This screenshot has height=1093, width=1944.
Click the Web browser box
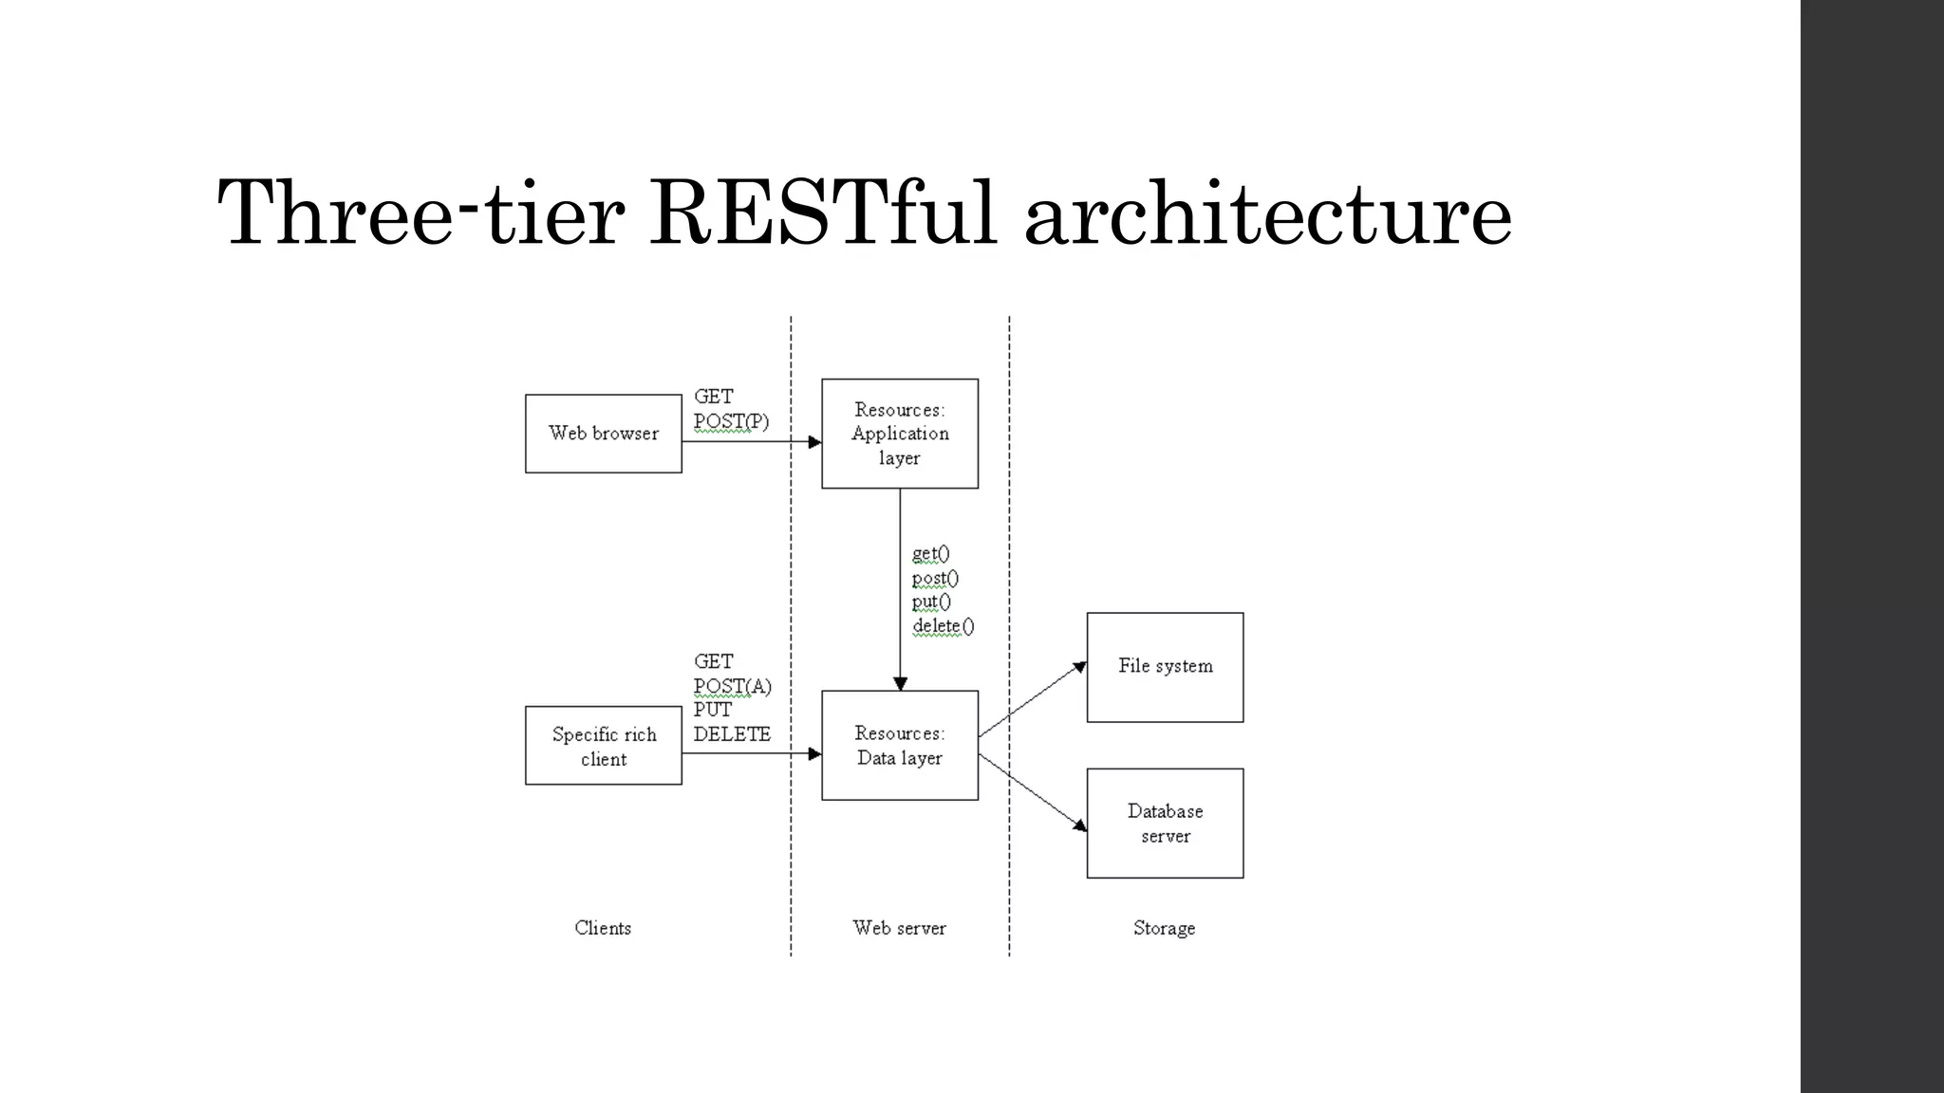click(604, 434)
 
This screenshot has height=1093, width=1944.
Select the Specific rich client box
click(604, 746)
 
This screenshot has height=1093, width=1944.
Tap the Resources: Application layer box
click(900, 434)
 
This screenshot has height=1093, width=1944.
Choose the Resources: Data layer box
click(900, 746)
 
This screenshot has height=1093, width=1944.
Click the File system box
click(1165, 667)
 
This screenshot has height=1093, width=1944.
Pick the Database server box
click(1165, 824)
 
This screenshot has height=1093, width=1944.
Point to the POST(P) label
click(731, 421)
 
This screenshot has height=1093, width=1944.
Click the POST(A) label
click(732, 686)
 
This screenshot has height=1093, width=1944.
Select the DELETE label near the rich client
click(732, 734)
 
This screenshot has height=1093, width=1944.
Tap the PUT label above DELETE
click(713, 710)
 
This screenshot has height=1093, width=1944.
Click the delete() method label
click(943, 626)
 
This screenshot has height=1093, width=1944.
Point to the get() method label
click(930, 554)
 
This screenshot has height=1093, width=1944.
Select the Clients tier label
click(603, 928)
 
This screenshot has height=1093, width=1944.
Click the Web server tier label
click(899, 928)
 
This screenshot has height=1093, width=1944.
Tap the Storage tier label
click(1164, 928)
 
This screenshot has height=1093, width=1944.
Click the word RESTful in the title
click(822, 213)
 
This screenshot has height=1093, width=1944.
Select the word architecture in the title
click(1267, 213)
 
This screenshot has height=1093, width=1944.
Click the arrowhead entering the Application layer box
click(814, 442)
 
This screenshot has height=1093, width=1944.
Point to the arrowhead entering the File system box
click(1079, 668)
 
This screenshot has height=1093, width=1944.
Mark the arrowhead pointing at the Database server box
click(1079, 825)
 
